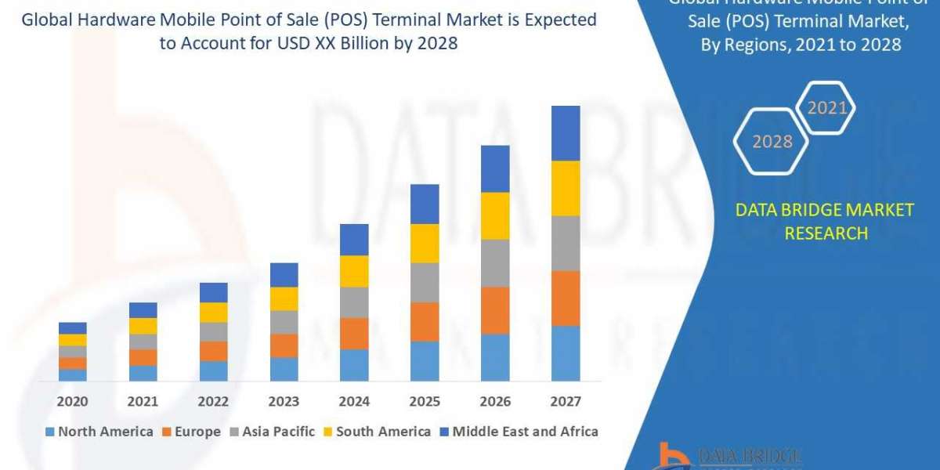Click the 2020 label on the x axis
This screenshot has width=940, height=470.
[x=72, y=402]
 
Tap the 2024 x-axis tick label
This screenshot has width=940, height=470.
[x=354, y=402]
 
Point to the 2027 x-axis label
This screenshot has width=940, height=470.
[x=566, y=402]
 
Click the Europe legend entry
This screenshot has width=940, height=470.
[x=191, y=432]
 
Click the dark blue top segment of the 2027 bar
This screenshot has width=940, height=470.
[x=566, y=133]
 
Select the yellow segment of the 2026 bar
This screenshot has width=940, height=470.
[x=495, y=215]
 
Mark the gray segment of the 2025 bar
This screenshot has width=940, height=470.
[x=425, y=282]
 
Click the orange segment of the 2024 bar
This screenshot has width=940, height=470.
[x=354, y=333]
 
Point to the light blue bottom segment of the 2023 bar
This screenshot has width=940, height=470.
[x=284, y=369]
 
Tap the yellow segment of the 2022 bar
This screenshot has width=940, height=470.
[x=213, y=312]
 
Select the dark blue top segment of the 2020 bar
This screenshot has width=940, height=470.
[x=72, y=327]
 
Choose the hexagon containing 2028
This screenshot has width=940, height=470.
[x=772, y=142]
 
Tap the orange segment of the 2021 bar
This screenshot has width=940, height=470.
[x=143, y=357]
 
